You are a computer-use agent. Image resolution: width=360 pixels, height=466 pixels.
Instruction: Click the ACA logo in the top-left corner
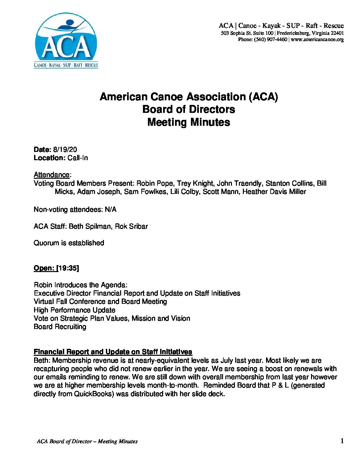pyautogui.click(x=66, y=41)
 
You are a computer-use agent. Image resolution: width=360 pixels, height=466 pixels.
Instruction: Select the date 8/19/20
pyautogui.click(x=67, y=150)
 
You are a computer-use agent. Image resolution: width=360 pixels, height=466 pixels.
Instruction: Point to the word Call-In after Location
pyautogui.click(x=78, y=158)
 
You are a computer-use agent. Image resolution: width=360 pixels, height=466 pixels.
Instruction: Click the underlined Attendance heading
pyautogui.click(x=52, y=175)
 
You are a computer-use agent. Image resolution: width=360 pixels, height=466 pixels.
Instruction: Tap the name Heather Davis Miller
pyautogui.click(x=274, y=192)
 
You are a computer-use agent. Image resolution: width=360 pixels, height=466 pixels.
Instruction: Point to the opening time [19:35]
pyautogui.click(x=68, y=268)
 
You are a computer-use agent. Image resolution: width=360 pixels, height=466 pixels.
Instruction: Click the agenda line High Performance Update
pyautogui.click(x=74, y=310)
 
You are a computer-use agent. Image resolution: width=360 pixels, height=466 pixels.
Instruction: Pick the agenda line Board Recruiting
pyautogui.click(x=60, y=327)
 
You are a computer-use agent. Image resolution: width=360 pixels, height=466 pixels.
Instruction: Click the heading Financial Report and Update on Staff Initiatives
pyautogui.click(x=113, y=352)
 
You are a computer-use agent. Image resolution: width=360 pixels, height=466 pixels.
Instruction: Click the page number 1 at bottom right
pyautogui.click(x=342, y=441)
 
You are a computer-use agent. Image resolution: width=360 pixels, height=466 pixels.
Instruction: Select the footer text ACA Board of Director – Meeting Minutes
pyautogui.click(x=87, y=442)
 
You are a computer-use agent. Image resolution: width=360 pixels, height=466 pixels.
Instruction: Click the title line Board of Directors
pyautogui.click(x=189, y=109)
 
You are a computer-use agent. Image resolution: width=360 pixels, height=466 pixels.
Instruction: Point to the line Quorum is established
pyautogui.click(x=69, y=243)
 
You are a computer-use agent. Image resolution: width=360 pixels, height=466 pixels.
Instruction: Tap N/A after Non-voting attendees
pyautogui.click(x=110, y=210)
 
